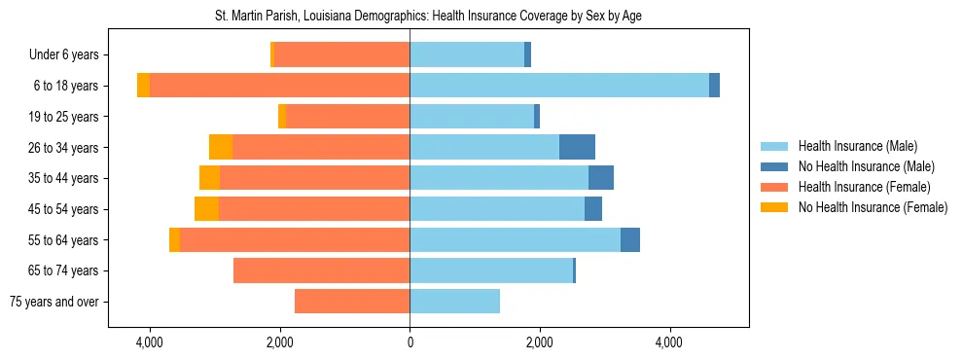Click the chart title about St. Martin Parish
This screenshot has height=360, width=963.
pos(428,17)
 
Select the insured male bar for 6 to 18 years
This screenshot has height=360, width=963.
pos(559,86)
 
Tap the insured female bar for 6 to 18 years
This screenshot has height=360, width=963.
pos(279,86)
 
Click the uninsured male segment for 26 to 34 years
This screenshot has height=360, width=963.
pos(577,147)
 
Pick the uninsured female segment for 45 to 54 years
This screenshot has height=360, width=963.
pos(206,208)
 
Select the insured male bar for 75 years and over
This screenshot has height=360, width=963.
pos(454,302)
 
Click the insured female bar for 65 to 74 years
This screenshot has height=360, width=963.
pos(321,270)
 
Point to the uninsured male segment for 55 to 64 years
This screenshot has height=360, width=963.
pos(630,239)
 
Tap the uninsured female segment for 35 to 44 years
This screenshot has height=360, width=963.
pos(209,178)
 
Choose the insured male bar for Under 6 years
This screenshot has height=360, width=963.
pos(467,54)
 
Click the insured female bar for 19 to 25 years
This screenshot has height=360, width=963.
pos(347,117)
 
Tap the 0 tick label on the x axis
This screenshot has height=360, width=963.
pos(410,342)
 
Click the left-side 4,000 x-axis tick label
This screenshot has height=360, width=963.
pos(150,342)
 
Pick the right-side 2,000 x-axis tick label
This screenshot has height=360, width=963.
pos(540,342)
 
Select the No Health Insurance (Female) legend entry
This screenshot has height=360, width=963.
pos(873,207)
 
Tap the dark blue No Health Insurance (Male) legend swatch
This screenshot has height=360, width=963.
pos(774,166)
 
